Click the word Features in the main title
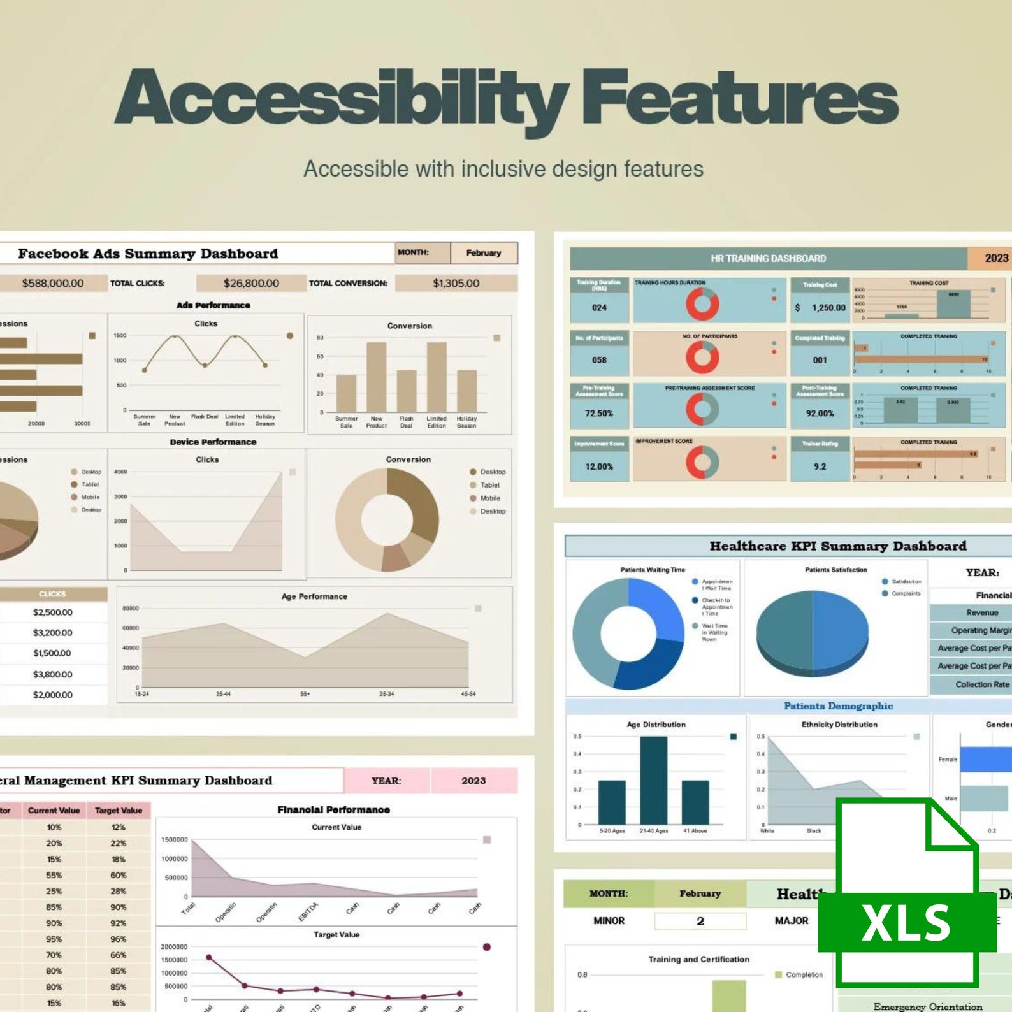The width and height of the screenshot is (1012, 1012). (739, 99)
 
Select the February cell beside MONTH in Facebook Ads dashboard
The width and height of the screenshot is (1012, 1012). (484, 253)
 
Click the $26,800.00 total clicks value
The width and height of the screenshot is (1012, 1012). (251, 283)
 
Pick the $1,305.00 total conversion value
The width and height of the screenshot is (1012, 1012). (456, 283)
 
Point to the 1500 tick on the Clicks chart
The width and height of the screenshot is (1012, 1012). (120, 335)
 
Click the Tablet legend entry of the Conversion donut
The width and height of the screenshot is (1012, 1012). (489, 485)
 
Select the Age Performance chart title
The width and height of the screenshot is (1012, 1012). (314, 596)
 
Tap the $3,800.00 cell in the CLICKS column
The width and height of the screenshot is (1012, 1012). (52, 674)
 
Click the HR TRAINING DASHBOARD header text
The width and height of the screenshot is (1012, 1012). (768, 258)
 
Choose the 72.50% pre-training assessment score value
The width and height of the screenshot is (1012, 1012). (599, 414)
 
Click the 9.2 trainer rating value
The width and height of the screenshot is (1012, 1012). (820, 466)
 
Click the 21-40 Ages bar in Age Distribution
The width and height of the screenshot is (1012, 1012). (653, 781)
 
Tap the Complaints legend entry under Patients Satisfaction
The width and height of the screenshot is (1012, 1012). (906, 593)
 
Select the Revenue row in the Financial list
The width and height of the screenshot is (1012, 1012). (982, 612)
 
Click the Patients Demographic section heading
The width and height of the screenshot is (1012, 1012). (838, 706)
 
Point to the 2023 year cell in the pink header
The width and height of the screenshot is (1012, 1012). (473, 781)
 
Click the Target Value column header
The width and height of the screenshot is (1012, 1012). (119, 811)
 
